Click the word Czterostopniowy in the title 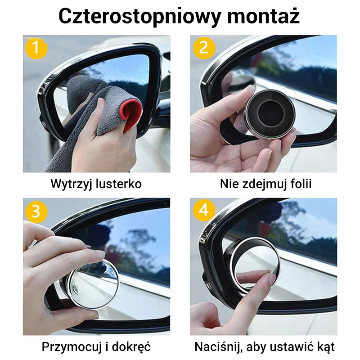tap(140, 16)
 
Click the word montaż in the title tap(264, 16)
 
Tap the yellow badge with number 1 tap(36, 48)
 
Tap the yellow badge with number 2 tap(204, 48)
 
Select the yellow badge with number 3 tap(36, 211)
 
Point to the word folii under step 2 tap(300, 184)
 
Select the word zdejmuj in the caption tap(262, 184)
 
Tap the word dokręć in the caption tap(131, 347)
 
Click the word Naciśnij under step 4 tap(219, 347)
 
